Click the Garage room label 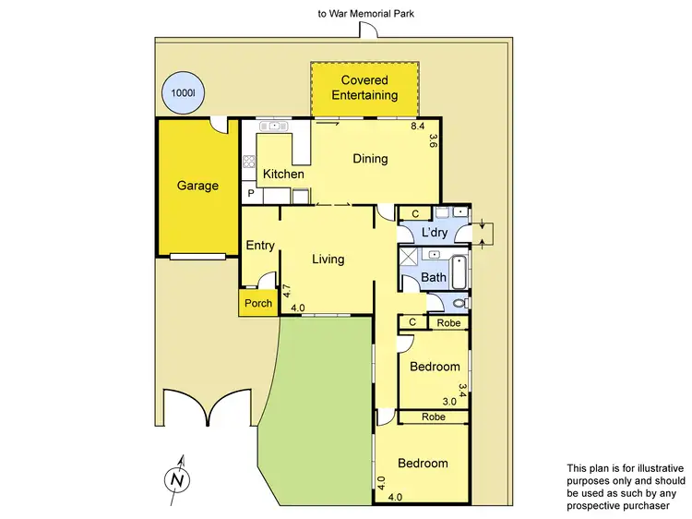coord(197,186)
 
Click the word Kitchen coord(283,174)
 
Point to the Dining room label coord(370,159)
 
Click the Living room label coord(328,259)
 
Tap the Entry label coord(260,245)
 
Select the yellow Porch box coord(258,303)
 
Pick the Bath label coord(433,277)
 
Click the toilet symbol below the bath coord(459,303)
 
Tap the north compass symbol coord(175,479)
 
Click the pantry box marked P coord(250,194)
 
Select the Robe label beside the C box coord(449,322)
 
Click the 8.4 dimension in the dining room coord(417,126)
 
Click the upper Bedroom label coord(435,367)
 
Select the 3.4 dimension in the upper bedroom coord(462,391)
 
